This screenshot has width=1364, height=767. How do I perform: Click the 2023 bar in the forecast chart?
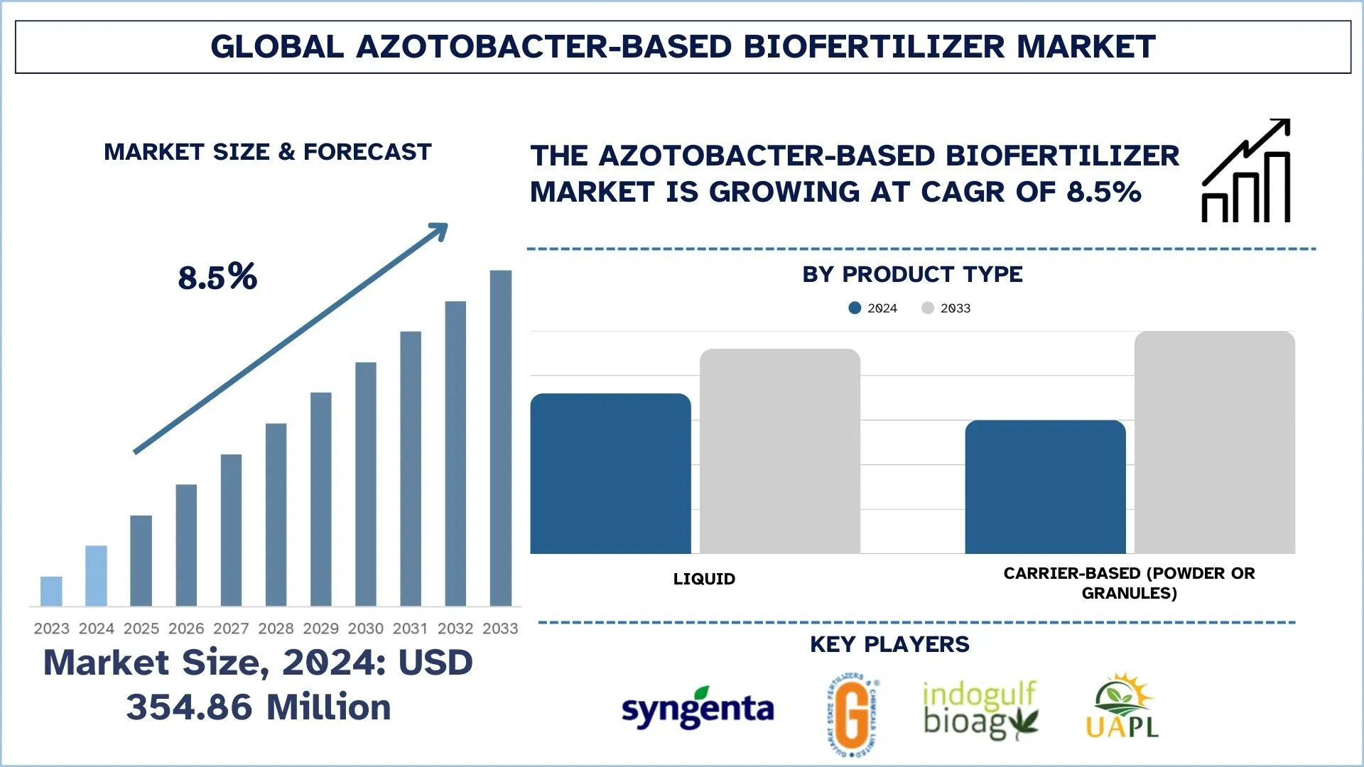click(x=51, y=591)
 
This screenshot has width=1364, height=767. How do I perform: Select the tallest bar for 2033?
click(x=500, y=437)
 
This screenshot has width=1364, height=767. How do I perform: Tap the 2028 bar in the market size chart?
click(x=276, y=514)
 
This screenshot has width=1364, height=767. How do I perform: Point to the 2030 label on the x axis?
click(x=365, y=629)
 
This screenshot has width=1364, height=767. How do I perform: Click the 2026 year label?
click(x=186, y=629)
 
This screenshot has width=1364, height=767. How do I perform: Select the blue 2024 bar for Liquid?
click(x=610, y=474)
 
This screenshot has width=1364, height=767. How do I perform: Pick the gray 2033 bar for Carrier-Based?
click(x=1214, y=442)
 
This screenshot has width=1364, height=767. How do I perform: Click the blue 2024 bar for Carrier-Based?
click(x=1045, y=487)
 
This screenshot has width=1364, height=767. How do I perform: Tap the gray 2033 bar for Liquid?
click(x=779, y=451)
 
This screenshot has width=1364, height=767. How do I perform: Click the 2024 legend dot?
click(x=855, y=308)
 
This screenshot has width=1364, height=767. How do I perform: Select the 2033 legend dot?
click(x=927, y=308)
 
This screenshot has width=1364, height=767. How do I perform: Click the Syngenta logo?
click(x=697, y=708)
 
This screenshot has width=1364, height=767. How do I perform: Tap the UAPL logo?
click(x=1122, y=707)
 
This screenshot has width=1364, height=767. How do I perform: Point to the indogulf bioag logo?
click(x=980, y=709)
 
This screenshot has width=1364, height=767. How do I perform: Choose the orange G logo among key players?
click(x=853, y=714)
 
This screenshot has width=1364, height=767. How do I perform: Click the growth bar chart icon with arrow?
click(x=1246, y=171)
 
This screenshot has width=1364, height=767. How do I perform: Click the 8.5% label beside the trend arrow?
click(x=217, y=277)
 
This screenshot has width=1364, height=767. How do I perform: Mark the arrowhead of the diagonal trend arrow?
click(x=439, y=230)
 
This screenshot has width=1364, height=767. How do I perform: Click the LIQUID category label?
click(x=704, y=579)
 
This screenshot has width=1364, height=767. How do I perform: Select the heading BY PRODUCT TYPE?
click(x=912, y=274)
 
